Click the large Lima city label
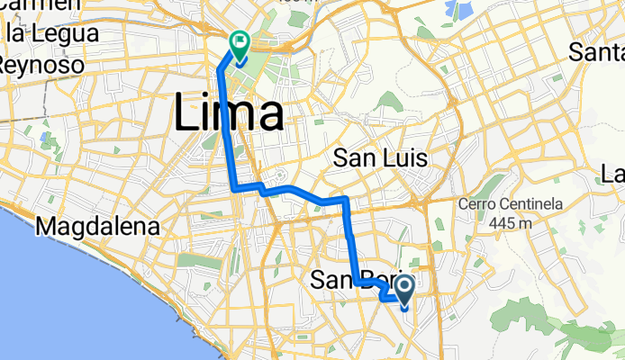[228, 114]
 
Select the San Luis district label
[379, 158]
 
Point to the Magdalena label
[98, 227]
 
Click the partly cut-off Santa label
[598, 52]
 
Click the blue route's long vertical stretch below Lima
[228, 135]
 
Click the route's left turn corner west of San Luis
[235, 189]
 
